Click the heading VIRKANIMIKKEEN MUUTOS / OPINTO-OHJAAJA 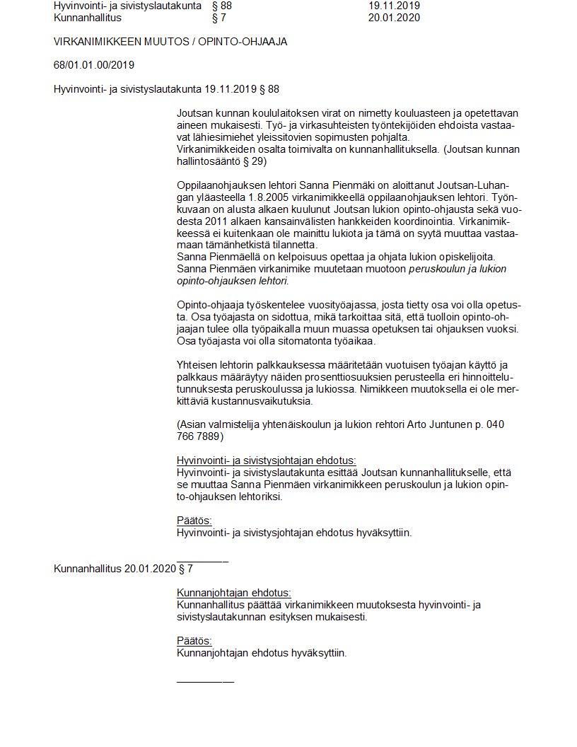[170, 42]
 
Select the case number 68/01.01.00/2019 [94, 65]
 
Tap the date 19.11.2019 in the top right [394, 6]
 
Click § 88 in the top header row [221, 6]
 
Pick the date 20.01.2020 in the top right [394, 18]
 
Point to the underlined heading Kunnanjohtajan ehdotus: [233, 593]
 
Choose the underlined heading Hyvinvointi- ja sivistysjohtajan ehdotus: [267, 460]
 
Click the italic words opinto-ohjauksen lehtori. [232, 281]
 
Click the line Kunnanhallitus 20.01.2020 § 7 [123, 569]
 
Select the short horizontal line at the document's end [205, 681]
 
